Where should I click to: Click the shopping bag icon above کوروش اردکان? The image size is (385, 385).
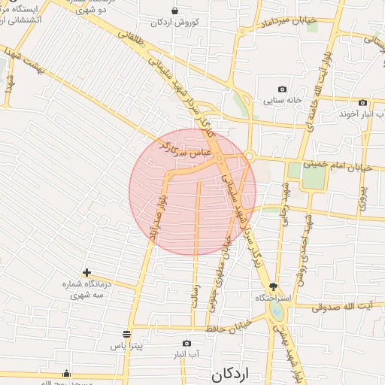click(x=175, y=11)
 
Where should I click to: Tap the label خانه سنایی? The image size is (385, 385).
click(x=282, y=99)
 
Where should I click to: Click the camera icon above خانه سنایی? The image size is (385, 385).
click(x=282, y=89)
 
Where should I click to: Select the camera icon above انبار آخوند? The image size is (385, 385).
click(x=363, y=102)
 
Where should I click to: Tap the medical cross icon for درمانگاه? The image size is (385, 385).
click(x=87, y=272)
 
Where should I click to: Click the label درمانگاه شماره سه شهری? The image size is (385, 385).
click(x=87, y=290)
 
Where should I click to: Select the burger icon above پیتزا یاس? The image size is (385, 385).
click(x=126, y=332)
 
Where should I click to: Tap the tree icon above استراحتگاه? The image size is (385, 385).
click(x=272, y=286)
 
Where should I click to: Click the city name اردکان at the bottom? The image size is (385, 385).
click(x=229, y=373)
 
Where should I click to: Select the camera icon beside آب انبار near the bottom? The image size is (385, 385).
click(x=187, y=343)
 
